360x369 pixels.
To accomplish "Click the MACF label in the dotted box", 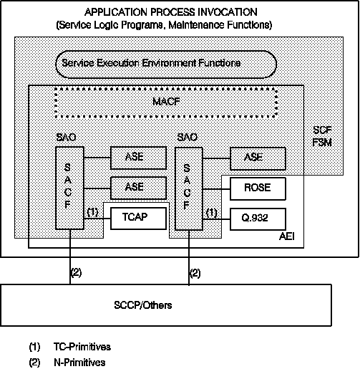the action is coord(166,102).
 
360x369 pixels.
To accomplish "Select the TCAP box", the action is coord(138,219).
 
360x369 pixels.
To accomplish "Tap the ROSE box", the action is coord(258,188).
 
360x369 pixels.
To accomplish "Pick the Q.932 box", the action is coord(258,219).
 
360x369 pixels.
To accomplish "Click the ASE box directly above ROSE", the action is coord(258,158).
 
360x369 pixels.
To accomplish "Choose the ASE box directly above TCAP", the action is coord(138,188).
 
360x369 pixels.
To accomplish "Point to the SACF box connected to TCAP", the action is coord(69,188).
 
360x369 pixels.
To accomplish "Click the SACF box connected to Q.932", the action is coord(189,188).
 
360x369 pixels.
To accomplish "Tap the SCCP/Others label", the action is coord(143,305).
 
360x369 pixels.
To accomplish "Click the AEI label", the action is coord(287,236).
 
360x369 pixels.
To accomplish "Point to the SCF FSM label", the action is coord(322,136).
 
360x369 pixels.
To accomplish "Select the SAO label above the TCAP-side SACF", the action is coord(66,138).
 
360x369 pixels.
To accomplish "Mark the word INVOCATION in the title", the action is coord(228,12).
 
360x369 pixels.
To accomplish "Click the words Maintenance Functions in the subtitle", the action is coord(220,25).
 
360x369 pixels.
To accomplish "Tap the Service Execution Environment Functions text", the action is coord(151,63).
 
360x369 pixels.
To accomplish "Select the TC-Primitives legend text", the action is coord(82,347).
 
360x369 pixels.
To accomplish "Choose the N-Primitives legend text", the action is coord(79,363).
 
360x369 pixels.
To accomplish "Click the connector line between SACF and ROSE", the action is coord(216,189).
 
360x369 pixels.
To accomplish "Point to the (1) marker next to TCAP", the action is coord(92,212).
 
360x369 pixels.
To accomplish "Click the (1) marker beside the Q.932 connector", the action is coord(212,213).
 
